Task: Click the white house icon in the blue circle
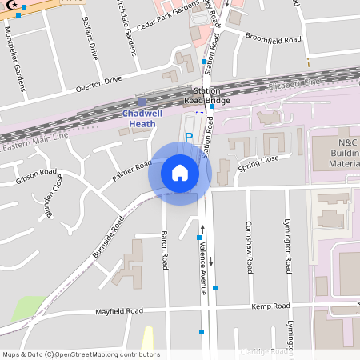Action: (179, 172)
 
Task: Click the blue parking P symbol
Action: (189, 138)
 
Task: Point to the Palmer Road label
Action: (132, 170)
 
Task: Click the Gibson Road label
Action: (36, 177)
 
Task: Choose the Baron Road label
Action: (165, 250)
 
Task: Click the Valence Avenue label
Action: (204, 270)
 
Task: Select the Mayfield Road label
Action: (119, 310)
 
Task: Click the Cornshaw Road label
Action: (250, 245)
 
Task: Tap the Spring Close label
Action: (258, 159)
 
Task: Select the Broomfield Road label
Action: (273, 38)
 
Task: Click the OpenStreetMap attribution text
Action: (80, 354)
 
